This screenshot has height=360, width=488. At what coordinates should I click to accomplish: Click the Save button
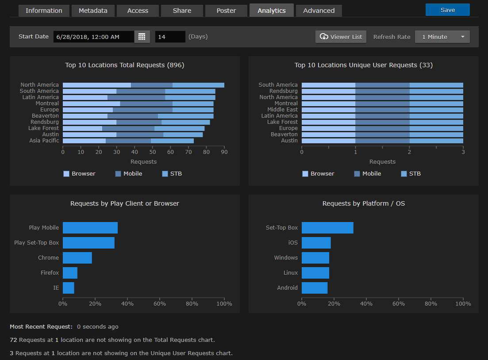[447, 10]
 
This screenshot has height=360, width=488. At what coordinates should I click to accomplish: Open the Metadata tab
[93, 11]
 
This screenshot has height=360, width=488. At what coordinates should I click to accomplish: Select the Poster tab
[226, 11]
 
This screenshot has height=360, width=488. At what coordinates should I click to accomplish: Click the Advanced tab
[319, 11]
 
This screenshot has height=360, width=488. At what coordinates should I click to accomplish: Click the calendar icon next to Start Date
[142, 37]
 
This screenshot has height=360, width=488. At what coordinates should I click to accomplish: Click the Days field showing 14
[170, 37]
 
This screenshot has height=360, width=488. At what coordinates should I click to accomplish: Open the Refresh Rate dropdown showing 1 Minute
[442, 37]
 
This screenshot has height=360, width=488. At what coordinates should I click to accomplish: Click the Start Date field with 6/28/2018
[93, 37]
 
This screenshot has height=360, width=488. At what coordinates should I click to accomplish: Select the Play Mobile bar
[90, 228]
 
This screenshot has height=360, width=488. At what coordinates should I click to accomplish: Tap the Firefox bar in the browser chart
[70, 273]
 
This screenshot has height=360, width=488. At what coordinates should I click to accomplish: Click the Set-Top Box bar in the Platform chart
[327, 228]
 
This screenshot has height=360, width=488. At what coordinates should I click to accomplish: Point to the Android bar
[315, 288]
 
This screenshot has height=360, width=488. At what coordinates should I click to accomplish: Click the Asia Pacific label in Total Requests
[44, 141]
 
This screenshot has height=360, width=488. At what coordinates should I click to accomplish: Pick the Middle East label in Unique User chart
[282, 109]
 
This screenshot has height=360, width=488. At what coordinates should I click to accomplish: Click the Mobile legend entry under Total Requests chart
[129, 174]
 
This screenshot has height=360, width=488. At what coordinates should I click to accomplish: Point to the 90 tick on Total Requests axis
[224, 152]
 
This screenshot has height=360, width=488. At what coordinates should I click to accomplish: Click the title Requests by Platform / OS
[363, 203]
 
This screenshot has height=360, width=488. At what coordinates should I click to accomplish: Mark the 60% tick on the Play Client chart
[160, 304]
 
